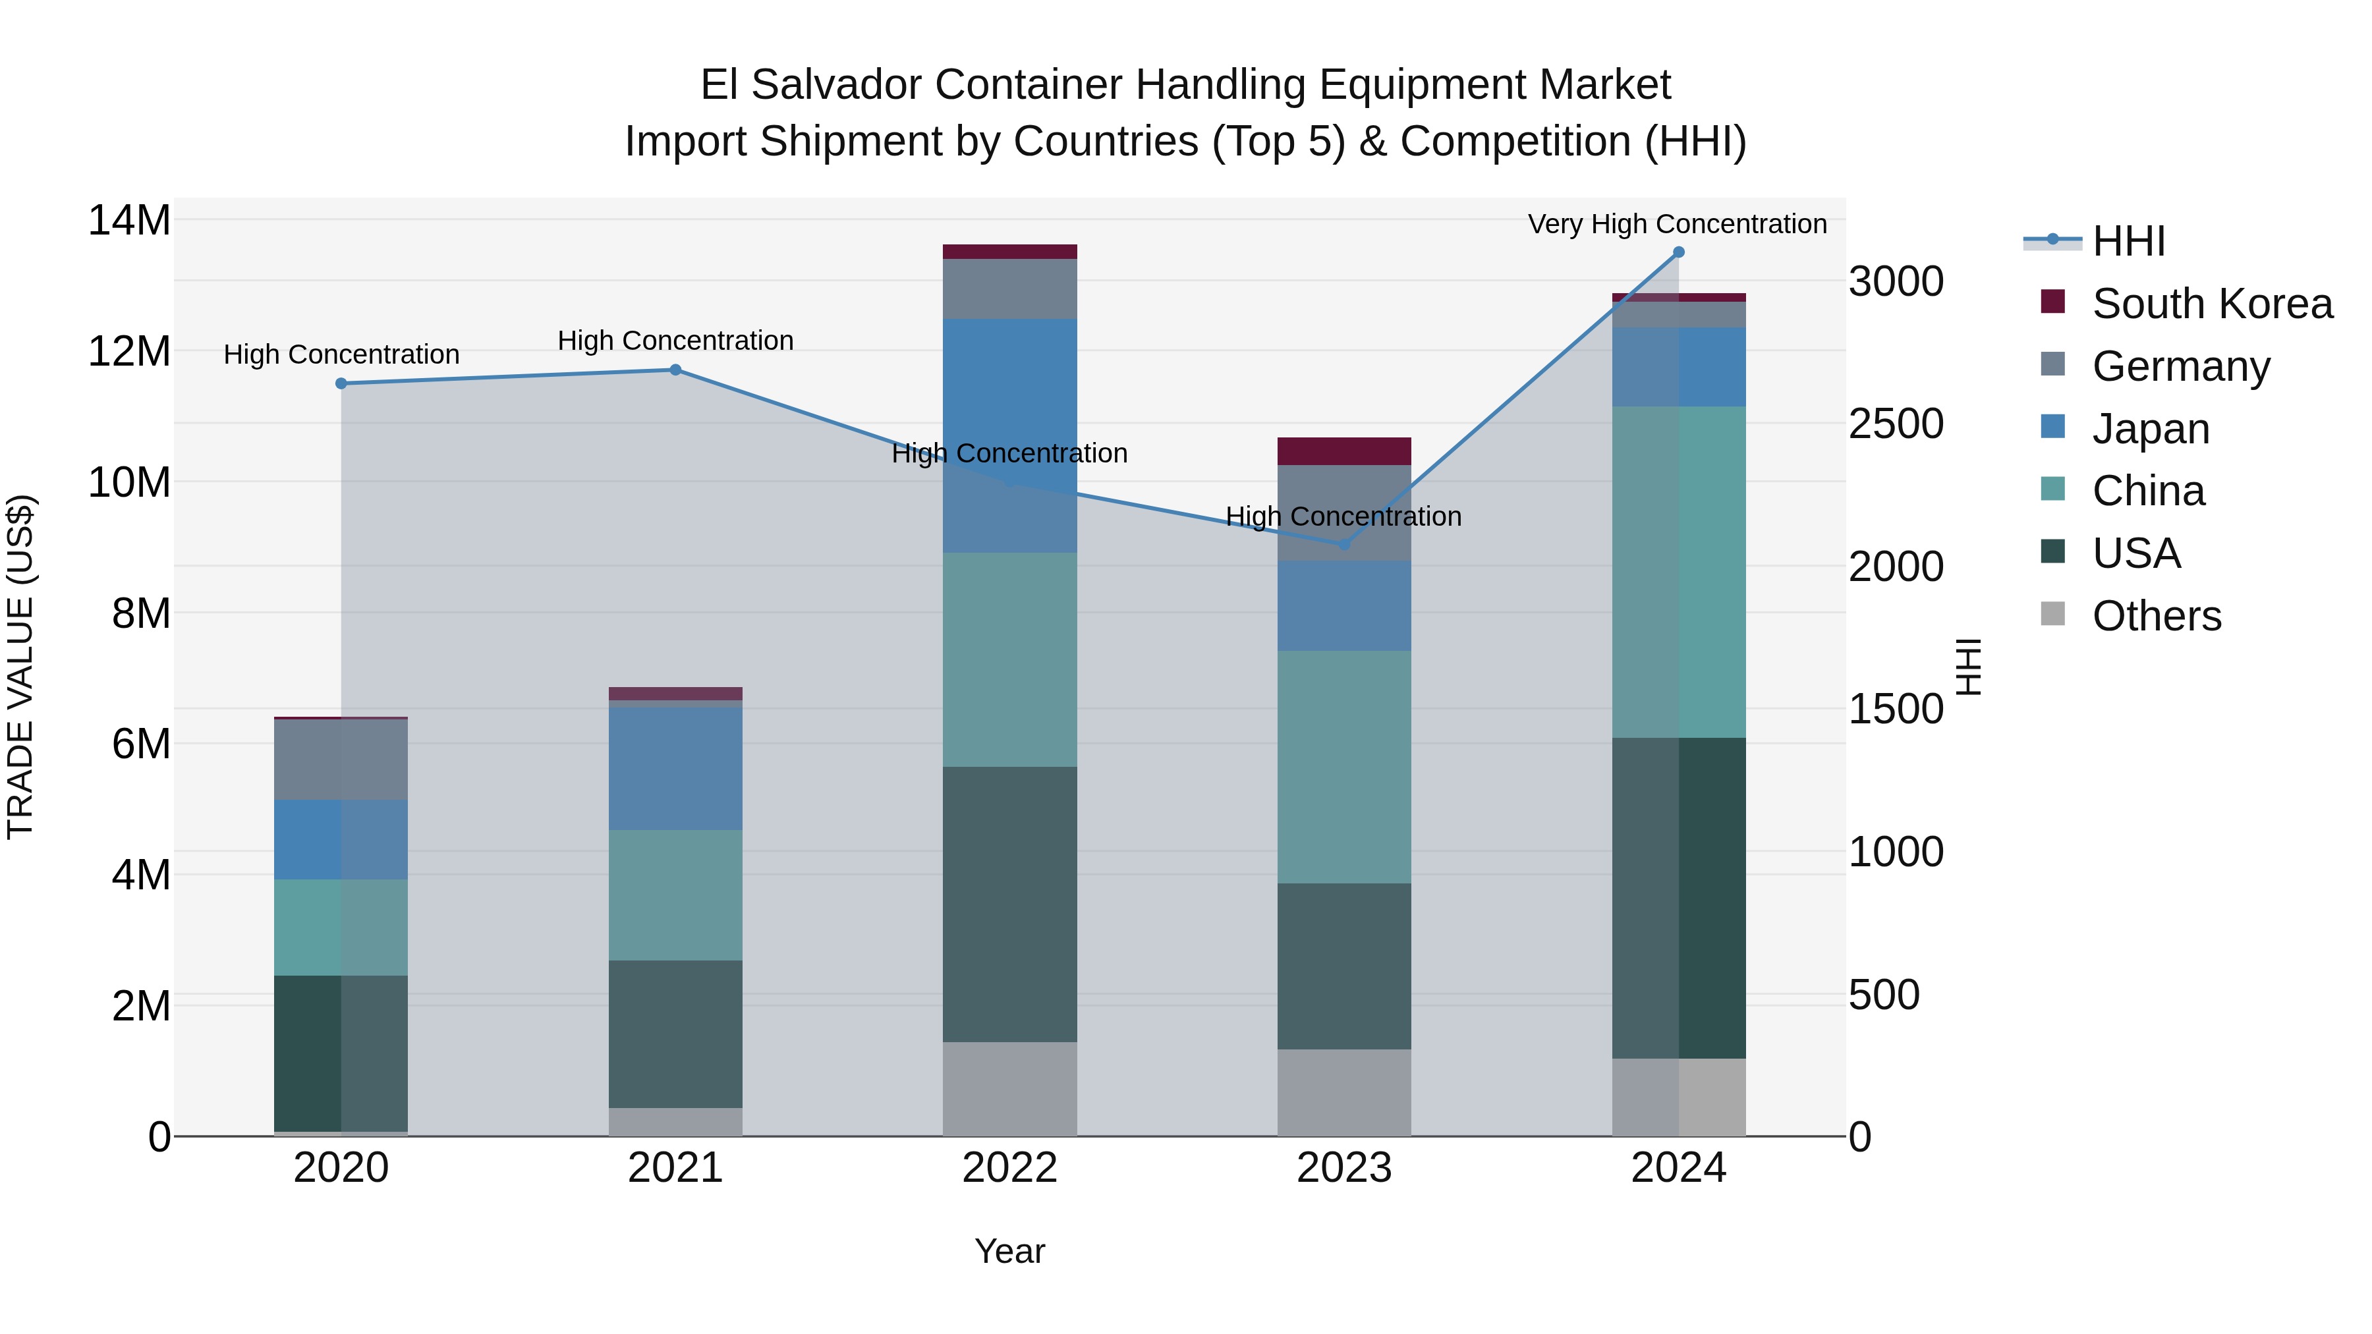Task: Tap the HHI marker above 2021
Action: [675, 370]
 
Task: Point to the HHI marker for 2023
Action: [1343, 545]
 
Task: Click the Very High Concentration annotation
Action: [1677, 224]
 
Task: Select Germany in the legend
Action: [2180, 366]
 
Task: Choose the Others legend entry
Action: [2156, 616]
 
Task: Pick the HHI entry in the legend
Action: [2128, 241]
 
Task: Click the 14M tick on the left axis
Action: [129, 221]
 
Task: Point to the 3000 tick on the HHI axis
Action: [1896, 282]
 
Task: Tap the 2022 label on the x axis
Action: [1009, 1168]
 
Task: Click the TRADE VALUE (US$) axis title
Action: [20, 667]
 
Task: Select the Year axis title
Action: [1009, 1251]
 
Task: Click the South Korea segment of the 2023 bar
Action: [1343, 451]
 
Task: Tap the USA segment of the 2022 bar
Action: [1009, 904]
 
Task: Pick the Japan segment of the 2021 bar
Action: [675, 769]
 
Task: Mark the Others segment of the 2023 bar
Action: [1343, 1093]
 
